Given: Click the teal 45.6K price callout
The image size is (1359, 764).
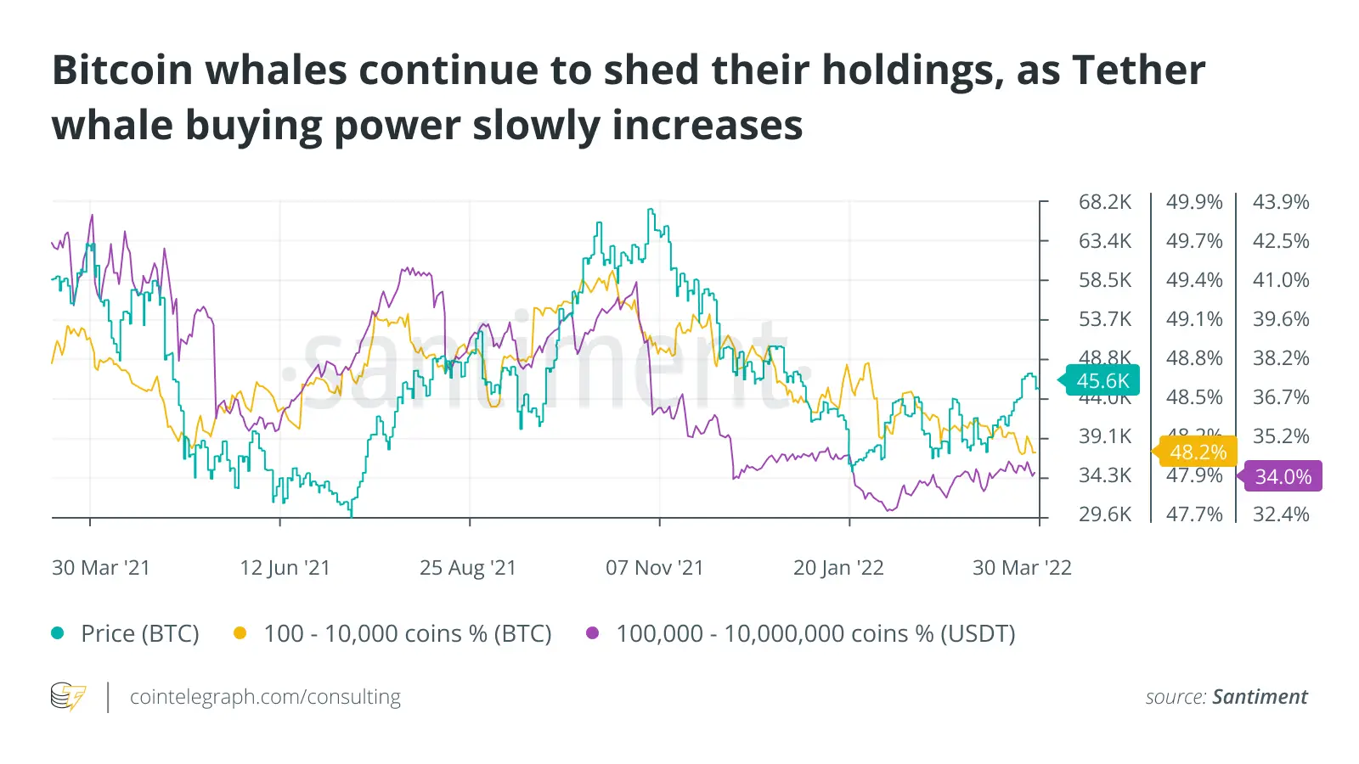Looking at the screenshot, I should tap(1102, 381).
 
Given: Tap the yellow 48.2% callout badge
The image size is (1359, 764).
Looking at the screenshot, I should tap(1198, 452).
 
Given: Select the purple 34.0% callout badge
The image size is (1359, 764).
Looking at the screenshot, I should tap(1283, 477).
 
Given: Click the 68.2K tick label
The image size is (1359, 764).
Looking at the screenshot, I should tap(1105, 202).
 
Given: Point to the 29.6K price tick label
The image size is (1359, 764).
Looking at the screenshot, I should tap(1105, 514).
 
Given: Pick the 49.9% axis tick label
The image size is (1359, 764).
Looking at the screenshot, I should tap(1194, 202).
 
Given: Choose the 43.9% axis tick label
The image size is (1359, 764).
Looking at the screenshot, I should tap(1281, 202).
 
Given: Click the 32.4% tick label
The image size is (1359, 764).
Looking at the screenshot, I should tap(1281, 514).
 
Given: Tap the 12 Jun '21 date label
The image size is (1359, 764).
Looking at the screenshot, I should tap(285, 568).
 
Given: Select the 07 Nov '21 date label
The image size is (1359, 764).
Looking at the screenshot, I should tap(654, 568).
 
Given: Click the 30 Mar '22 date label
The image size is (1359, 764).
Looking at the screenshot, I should tap(1022, 568).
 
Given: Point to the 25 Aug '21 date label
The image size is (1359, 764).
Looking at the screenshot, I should tap(468, 568).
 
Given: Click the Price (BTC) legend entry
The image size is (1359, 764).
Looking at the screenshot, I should tap(139, 634).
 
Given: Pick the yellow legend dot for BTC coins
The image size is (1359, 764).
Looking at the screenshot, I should tap(240, 633).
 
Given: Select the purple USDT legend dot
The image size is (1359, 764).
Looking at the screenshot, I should tap(593, 633).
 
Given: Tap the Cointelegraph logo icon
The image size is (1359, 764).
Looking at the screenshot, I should tap(68, 697).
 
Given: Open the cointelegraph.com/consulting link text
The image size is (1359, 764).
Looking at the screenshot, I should tap(265, 697).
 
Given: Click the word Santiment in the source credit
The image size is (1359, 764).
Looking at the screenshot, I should tap(1260, 697).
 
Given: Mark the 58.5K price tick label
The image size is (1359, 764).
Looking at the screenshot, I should tap(1105, 280).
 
